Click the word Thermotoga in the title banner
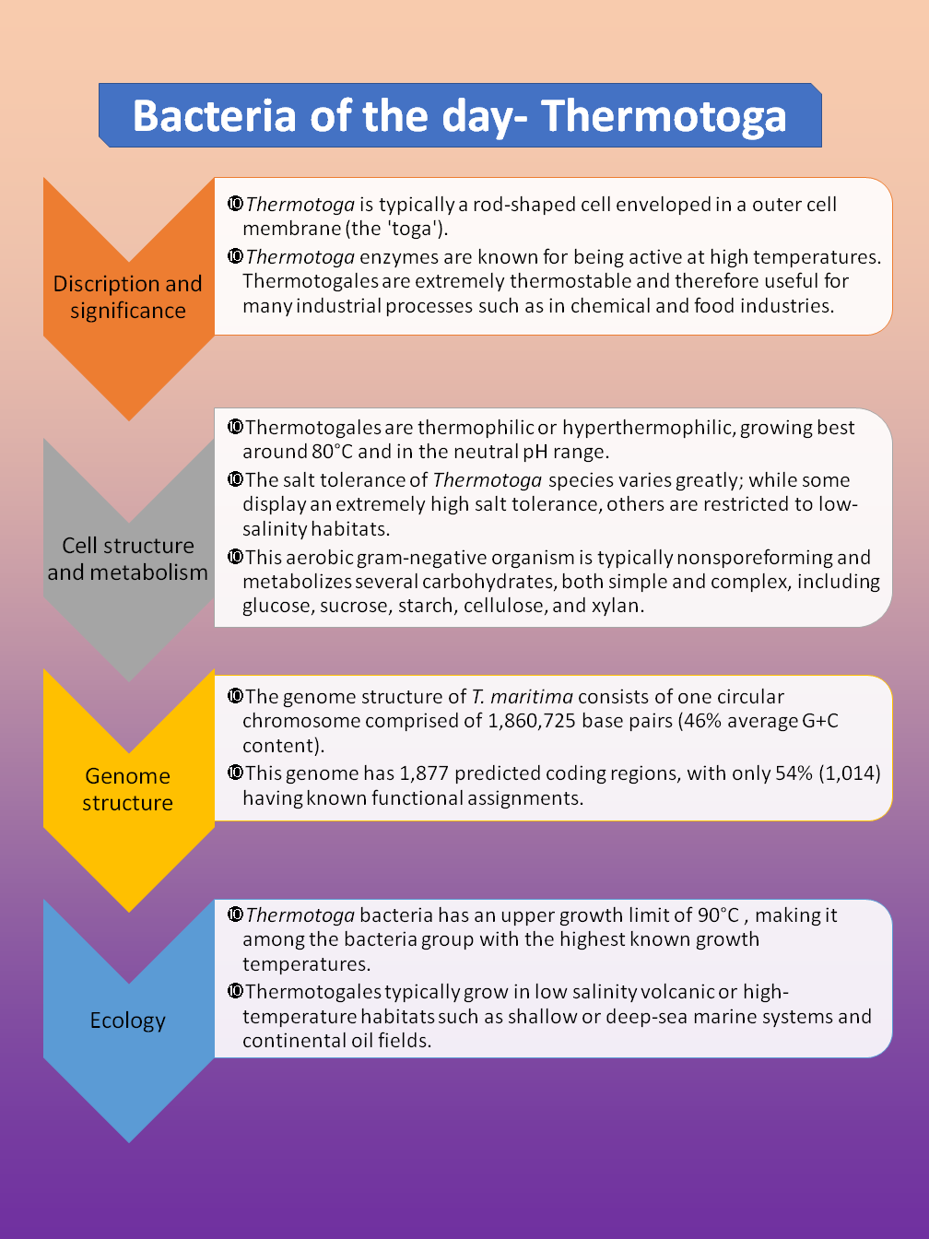click(x=664, y=116)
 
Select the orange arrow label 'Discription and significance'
click(x=128, y=297)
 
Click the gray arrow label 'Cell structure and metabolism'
click(x=128, y=559)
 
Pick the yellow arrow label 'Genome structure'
click(x=128, y=789)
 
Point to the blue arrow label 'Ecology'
click(x=128, y=1021)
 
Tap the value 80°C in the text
click(x=332, y=452)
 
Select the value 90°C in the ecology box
click(x=718, y=915)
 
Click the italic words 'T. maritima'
click(x=522, y=697)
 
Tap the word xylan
click(x=617, y=606)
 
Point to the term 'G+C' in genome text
click(x=820, y=721)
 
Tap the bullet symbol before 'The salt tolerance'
click(x=235, y=479)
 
